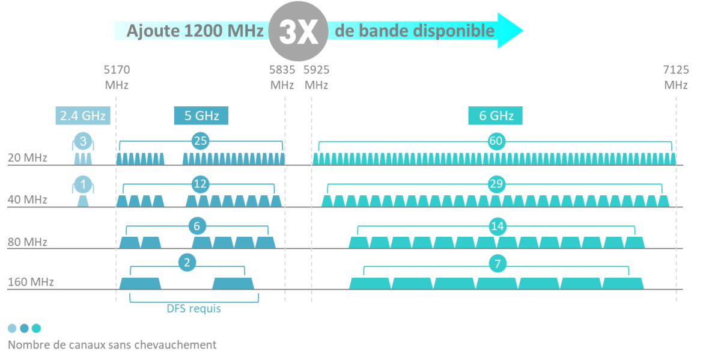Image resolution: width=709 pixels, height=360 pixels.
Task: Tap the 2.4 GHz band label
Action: pyautogui.click(x=84, y=115)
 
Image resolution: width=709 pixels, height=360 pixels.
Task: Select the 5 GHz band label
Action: pyautogui.click(x=201, y=115)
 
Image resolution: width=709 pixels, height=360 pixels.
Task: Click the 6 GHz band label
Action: pyautogui.click(x=496, y=115)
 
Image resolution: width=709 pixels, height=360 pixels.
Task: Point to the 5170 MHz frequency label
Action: pyautogui.click(x=117, y=77)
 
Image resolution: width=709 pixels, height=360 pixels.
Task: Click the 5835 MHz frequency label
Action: pyautogui.click(x=282, y=77)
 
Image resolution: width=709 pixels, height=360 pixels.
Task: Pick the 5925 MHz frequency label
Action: pyautogui.click(x=316, y=77)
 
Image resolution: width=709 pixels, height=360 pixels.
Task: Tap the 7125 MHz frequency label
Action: pyautogui.click(x=676, y=77)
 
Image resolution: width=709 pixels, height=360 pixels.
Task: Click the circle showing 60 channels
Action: pyautogui.click(x=496, y=141)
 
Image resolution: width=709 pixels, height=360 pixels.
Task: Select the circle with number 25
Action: pyautogui.click(x=201, y=141)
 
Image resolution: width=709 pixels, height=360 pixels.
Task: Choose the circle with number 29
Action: pyautogui.click(x=496, y=184)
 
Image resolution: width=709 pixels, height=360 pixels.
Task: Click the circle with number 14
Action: pyautogui.click(x=498, y=226)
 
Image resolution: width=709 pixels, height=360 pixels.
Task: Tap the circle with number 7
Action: pyautogui.click(x=498, y=264)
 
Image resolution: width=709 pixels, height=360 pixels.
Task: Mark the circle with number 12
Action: pyautogui.click(x=201, y=183)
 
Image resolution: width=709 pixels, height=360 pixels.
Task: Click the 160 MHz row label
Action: pyautogui.click(x=31, y=281)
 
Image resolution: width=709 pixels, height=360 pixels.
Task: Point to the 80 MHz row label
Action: pyautogui.click(x=28, y=242)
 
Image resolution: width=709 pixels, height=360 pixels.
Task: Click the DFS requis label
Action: pyautogui.click(x=193, y=309)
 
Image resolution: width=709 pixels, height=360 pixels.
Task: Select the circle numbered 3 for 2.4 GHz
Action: pyautogui.click(x=84, y=142)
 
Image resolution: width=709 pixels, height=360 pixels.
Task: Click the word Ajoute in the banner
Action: pyautogui.click(x=151, y=31)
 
